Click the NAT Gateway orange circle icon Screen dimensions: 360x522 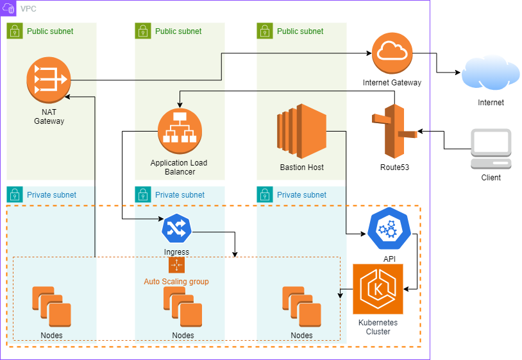tap(49, 80)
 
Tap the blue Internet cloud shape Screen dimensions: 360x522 tap(491, 74)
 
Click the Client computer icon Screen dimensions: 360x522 tap(491, 149)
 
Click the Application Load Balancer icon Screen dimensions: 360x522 tap(179, 130)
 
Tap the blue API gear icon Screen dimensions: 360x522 tap(389, 228)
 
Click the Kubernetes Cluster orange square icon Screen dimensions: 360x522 tap(378, 289)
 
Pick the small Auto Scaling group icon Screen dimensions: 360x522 tap(176, 265)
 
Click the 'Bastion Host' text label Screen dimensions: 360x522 tap(302, 167)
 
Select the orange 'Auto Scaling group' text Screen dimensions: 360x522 tap(176, 282)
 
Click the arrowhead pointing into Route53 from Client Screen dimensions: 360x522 tap(421, 132)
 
